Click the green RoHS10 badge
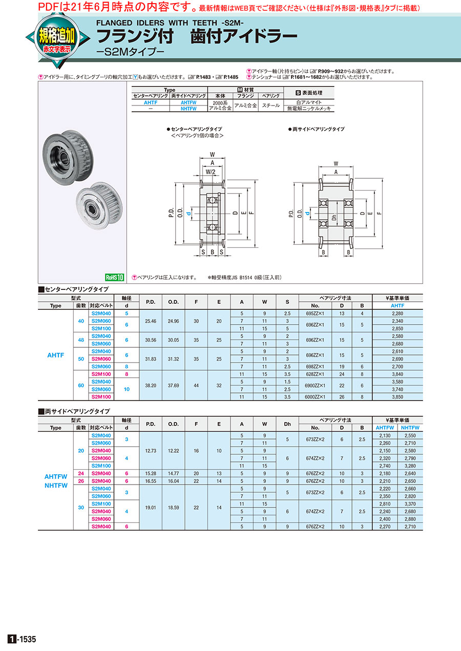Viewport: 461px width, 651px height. (115, 277)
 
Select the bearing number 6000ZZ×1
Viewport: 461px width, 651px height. (315, 396)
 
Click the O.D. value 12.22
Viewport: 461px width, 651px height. (174, 450)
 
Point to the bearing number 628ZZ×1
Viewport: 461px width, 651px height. (315, 374)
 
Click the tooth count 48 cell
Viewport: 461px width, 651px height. (81, 340)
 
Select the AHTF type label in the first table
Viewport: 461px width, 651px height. (56, 354)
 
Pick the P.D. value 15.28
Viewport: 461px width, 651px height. (151, 473)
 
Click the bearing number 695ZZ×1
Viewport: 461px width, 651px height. (315, 312)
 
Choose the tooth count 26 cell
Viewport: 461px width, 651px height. (81, 481)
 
